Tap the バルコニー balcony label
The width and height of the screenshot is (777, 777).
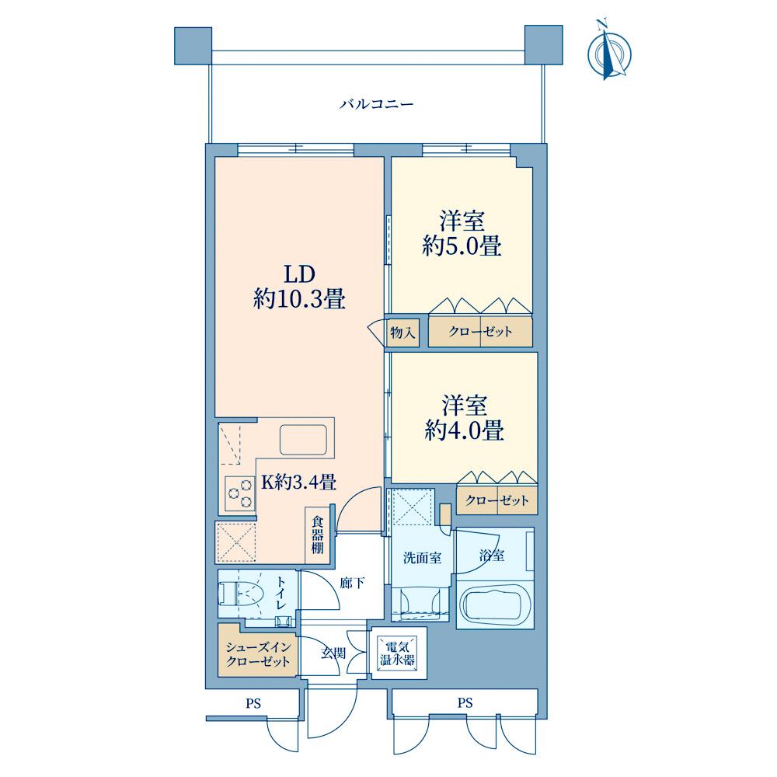coord(376,104)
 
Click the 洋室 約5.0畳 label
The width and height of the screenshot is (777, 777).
coord(461,234)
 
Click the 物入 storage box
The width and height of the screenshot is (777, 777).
coord(403,333)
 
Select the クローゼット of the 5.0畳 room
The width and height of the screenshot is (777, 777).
coord(480,333)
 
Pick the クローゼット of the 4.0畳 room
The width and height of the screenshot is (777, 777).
coord(497,501)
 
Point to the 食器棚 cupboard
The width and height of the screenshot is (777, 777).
coord(318,535)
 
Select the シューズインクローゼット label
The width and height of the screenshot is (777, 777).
coord(257,654)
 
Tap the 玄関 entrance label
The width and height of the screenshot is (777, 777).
coord(333,653)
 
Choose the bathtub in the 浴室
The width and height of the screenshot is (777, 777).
coord(497,604)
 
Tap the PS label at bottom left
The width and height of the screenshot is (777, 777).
coord(253,704)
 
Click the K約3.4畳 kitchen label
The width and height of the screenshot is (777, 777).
coord(298,483)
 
